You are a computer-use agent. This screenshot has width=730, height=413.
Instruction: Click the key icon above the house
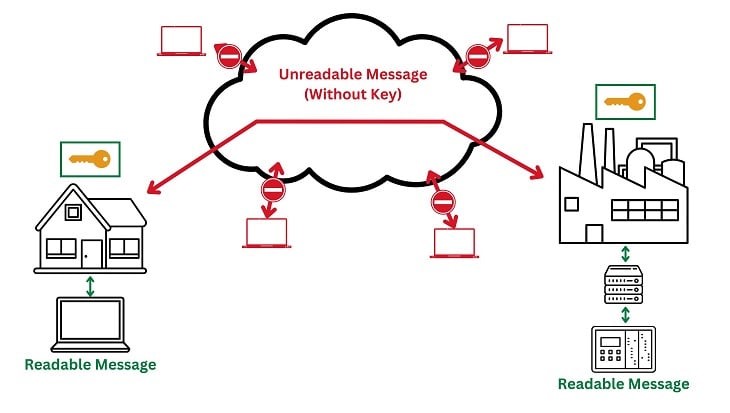[90, 158]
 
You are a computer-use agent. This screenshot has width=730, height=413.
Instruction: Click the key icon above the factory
[622, 101]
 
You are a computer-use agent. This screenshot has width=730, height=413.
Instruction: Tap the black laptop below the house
[91, 323]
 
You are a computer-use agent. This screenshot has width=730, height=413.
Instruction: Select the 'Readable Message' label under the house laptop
[91, 365]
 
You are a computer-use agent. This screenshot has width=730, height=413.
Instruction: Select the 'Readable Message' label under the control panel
[623, 384]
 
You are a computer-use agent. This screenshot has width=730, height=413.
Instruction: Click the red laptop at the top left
[181, 40]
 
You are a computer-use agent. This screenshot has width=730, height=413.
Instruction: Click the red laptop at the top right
[528, 38]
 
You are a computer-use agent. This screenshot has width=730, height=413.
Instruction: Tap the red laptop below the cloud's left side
[266, 233]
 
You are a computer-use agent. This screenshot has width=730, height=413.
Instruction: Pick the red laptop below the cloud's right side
[453, 243]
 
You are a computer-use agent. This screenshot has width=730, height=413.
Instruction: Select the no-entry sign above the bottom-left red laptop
[272, 190]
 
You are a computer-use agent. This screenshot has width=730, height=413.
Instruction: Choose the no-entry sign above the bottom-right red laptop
[443, 201]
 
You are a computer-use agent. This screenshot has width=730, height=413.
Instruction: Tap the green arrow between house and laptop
[91, 286]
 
